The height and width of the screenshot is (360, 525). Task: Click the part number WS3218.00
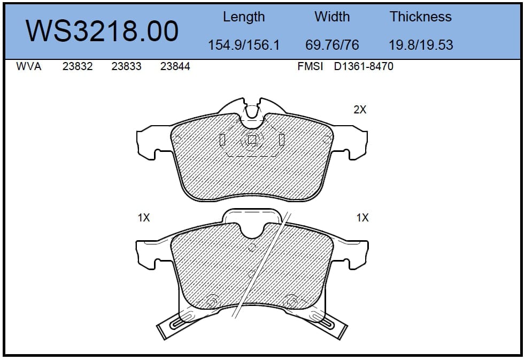[102, 31]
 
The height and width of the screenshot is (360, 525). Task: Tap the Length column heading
[244, 17]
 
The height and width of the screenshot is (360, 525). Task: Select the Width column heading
[332, 17]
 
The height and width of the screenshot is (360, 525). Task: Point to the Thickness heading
[421, 17]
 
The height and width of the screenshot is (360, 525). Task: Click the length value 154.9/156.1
[244, 45]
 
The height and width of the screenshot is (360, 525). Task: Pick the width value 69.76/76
[332, 45]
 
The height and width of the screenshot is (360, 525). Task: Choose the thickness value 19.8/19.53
[421, 45]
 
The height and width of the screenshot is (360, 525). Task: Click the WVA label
[29, 66]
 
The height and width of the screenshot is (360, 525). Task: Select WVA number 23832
[78, 66]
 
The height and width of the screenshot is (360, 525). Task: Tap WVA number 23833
[126, 66]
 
